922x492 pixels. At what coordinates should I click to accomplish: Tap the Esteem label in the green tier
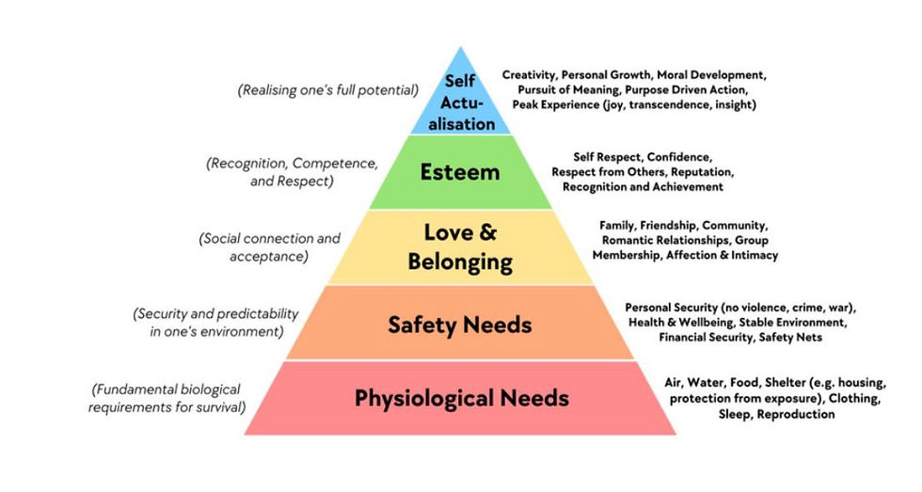point(461,172)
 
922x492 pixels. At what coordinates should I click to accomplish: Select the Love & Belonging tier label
point(460,246)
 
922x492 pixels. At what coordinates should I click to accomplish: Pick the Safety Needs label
point(460,325)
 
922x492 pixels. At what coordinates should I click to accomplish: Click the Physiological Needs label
point(461,398)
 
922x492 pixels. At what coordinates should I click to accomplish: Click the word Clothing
point(852,398)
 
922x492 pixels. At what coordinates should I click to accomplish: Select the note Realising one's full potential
point(328,90)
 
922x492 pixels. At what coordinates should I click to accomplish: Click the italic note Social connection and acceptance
point(269,246)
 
